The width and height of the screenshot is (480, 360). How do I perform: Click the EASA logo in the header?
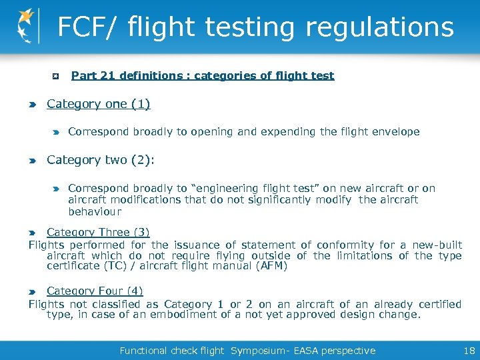[26, 26]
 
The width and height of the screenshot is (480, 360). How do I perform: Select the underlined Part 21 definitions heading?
[202, 76]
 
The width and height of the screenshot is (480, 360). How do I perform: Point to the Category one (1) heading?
[98, 104]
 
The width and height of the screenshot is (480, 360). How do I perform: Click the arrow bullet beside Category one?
[33, 105]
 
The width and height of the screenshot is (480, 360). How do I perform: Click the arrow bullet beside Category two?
[33, 161]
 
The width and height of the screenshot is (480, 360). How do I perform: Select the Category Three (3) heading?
[98, 233]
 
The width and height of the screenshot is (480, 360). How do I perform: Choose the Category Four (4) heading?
[95, 291]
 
